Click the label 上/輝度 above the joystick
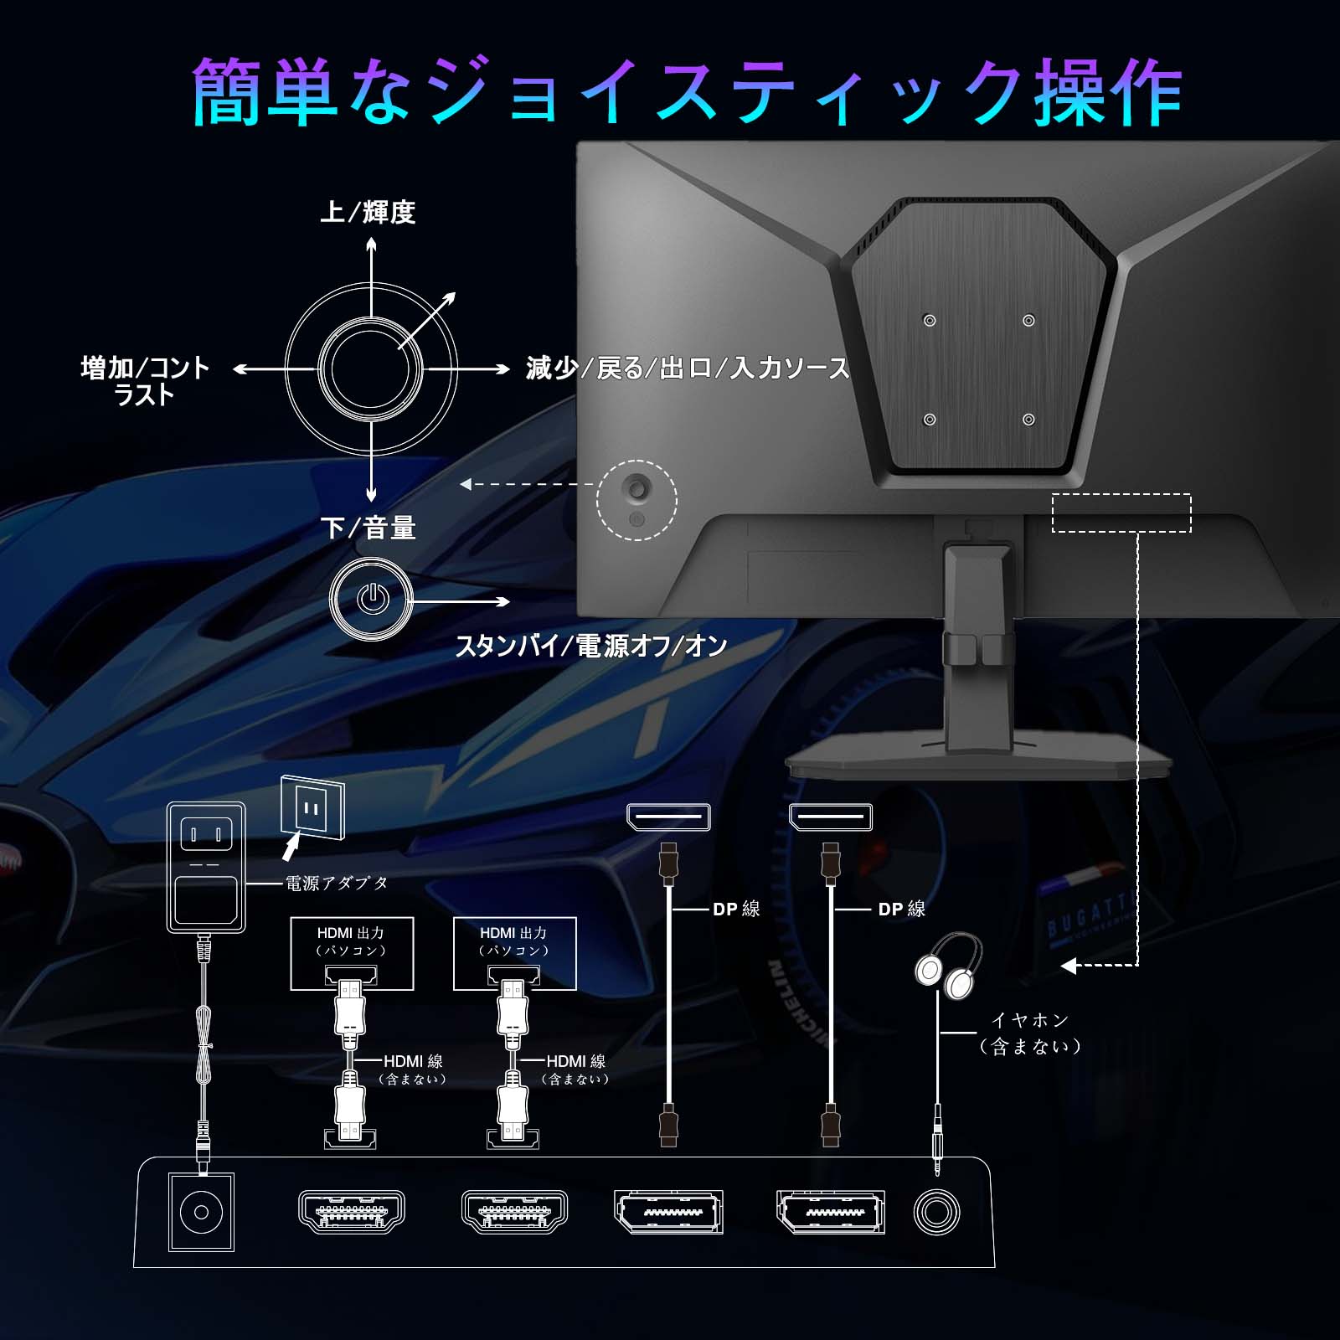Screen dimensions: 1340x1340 tap(368, 212)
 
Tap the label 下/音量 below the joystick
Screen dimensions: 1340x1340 tap(368, 528)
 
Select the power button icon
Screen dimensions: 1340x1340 tap(372, 600)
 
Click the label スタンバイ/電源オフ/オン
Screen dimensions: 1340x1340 tap(590, 646)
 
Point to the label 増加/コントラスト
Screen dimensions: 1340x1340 tap(145, 380)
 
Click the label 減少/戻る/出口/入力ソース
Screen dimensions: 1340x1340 tap(688, 368)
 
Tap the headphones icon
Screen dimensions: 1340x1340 tap(948, 966)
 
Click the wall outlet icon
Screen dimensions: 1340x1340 tap(312, 808)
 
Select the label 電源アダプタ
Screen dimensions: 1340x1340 tap(337, 883)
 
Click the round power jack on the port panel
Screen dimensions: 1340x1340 tap(201, 1212)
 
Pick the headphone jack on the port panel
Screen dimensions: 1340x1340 tap(936, 1212)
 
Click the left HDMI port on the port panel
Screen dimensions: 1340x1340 tap(352, 1212)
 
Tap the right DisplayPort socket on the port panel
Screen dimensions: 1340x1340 tap(830, 1212)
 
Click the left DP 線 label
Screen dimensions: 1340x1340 tap(736, 909)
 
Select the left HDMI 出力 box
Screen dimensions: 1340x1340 tap(352, 952)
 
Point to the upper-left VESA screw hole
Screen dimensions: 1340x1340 tap(929, 321)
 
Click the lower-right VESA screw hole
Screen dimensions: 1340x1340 tap(1028, 420)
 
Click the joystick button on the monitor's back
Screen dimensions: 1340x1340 tap(637, 487)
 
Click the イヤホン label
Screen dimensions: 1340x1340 tap(1030, 1020)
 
